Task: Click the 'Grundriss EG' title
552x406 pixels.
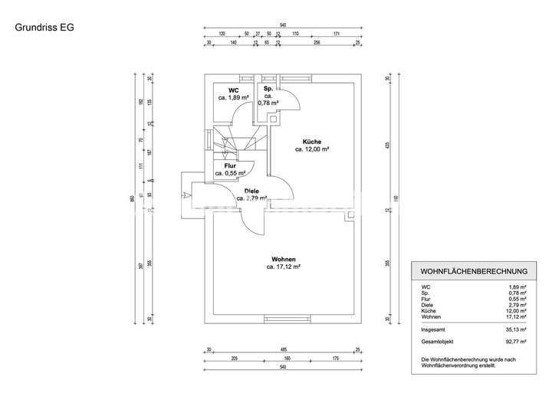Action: (x=44, y=29)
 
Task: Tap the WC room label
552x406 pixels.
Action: (x=232, y=91)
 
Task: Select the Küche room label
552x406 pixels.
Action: (x=311, y=141)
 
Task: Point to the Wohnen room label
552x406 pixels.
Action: (x=283, y=259)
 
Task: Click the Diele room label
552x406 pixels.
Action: (x=251, y=191)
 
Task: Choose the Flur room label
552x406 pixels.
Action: (x=229, y=165)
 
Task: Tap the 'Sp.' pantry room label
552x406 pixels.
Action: (x=270, y=90)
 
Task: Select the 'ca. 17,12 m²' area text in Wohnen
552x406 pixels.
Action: (x=283, y=267)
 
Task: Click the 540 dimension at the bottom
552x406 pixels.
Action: (x=283, y=367)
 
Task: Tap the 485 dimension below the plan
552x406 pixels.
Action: (x=283, y=349)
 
